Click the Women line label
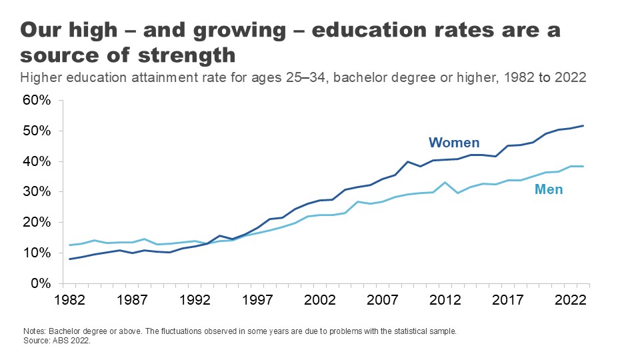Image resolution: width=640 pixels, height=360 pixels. (x=454, y=143)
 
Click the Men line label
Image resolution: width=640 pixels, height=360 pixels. (x=549, y=190)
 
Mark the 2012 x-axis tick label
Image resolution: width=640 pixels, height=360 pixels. (x=446, y=299)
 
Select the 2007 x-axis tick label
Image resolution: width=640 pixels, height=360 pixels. (x=383, y=299)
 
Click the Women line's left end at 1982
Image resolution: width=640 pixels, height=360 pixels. (x=70, y=259)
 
